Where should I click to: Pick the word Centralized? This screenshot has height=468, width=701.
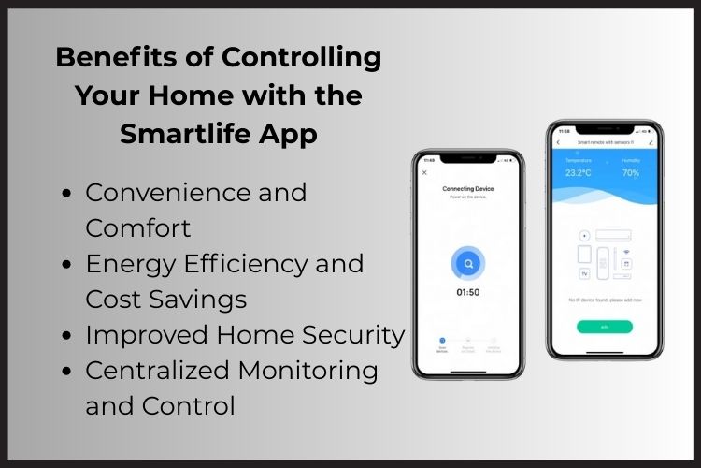[x=156, y=371]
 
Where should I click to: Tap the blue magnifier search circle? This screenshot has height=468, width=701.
[x=468, y=265]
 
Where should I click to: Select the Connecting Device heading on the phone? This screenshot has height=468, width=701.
[x=468, y=189]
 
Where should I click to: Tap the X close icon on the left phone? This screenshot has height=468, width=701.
[x=425, y=172]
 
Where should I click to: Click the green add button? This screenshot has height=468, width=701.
[x=604, y=327]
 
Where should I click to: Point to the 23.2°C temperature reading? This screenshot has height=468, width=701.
[x=577, y=172]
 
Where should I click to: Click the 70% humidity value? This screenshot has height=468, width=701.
[x=631, y=172]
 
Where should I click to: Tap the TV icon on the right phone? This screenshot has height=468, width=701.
[x=584, y=274]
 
